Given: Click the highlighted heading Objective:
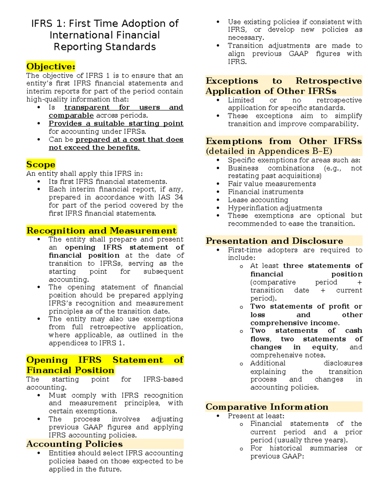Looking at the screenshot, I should click(x=51, y=67).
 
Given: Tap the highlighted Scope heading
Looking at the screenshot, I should click(x=41, y=164).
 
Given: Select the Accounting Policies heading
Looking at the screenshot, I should click(x=74, y=444).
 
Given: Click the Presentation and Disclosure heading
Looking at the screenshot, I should click(x=274, y=241).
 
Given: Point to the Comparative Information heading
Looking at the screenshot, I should click(x=267, y=407).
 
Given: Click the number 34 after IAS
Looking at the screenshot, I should click(x=179, y=197).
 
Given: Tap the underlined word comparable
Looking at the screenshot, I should click(x=71, y=115).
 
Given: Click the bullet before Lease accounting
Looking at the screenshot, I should click(x=218, y=200).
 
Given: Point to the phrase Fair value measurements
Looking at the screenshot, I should click(x=272, y=184).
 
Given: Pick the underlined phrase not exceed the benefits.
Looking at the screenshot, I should click(x=94, y=148).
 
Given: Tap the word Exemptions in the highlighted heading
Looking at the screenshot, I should click(x=234, y=141).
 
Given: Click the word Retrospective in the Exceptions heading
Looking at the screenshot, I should click(x=328, y=81).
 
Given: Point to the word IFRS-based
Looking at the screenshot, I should click(x=163, y=379).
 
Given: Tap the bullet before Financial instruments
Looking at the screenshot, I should click(x=218, y=192).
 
